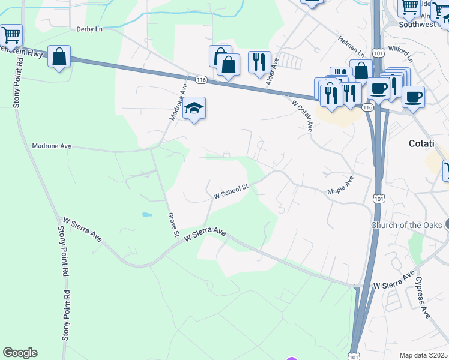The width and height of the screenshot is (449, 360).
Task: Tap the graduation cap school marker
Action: click(x=194, y=108)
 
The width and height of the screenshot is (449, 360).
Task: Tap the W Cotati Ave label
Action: click(x=303, y=115)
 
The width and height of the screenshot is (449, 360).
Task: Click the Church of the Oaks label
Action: click(x=406, y=225)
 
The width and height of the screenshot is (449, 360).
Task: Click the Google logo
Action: click(x=20, y=353)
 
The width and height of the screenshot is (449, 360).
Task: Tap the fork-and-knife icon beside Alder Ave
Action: click(x=259, y=62)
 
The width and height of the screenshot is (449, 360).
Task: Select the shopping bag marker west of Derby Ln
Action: click(x=59, y=57)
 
